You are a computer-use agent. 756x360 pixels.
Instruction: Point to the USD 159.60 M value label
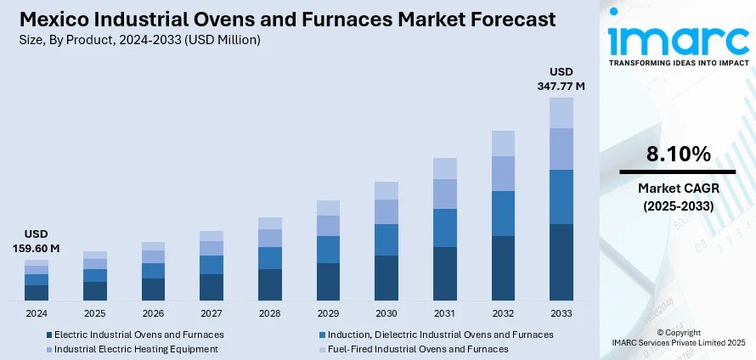click(x=36, y=242)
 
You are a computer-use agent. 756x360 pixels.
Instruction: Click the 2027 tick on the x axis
click(x=211, y=313)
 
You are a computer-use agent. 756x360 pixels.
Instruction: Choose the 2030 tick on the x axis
click(x=386, y=313)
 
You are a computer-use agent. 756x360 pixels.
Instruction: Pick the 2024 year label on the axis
click(x=37, y=313)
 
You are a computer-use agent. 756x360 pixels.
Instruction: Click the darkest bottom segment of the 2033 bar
click(x=561, y=262)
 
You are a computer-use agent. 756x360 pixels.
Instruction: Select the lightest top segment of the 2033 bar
click(x=561, y=113)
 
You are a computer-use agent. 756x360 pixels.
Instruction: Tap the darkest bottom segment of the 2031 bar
click(x=444, y=273)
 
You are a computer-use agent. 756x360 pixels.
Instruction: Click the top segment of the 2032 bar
click(x=503, y=143)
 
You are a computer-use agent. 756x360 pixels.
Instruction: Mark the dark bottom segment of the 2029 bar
click(x=328, y=282)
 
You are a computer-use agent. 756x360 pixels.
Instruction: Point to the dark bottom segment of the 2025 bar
click(x=95, y=291)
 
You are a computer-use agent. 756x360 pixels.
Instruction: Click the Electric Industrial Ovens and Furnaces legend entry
click(x=135, y=335)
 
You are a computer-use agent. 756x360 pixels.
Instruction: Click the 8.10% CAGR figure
click(x=677, y=154)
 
